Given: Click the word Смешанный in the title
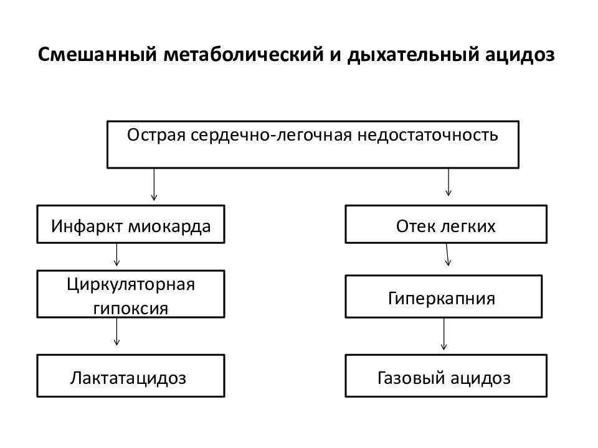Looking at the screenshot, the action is pos(98,54).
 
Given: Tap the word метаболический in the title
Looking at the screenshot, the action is pos(244,55).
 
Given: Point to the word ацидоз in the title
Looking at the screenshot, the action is pos(520,55).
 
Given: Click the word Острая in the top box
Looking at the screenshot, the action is pos(156,135).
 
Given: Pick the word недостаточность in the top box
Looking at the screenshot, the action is pos(427,135).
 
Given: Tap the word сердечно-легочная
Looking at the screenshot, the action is pos(271,135).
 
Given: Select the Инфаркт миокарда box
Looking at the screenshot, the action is pos(131,225).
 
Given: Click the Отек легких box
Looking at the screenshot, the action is pos(446,225).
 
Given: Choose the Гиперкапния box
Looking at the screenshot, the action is pos(444,296).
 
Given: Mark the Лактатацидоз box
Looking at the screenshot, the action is pos(131,376).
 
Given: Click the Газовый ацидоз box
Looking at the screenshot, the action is pos(446,376).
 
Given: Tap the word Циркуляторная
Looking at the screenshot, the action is pos(131,284).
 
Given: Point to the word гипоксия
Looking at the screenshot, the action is pos(131,308).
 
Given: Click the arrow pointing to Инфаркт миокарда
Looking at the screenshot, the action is pos(154,184).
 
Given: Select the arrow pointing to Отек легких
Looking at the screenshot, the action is pos(448,182).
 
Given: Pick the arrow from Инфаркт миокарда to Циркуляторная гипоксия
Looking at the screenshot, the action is pos(116,254).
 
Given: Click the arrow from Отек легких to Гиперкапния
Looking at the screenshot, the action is pos(447,254).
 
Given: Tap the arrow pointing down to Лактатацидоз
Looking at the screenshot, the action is pos(116,332).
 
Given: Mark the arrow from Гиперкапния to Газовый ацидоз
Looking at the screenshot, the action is pos(444,334).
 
